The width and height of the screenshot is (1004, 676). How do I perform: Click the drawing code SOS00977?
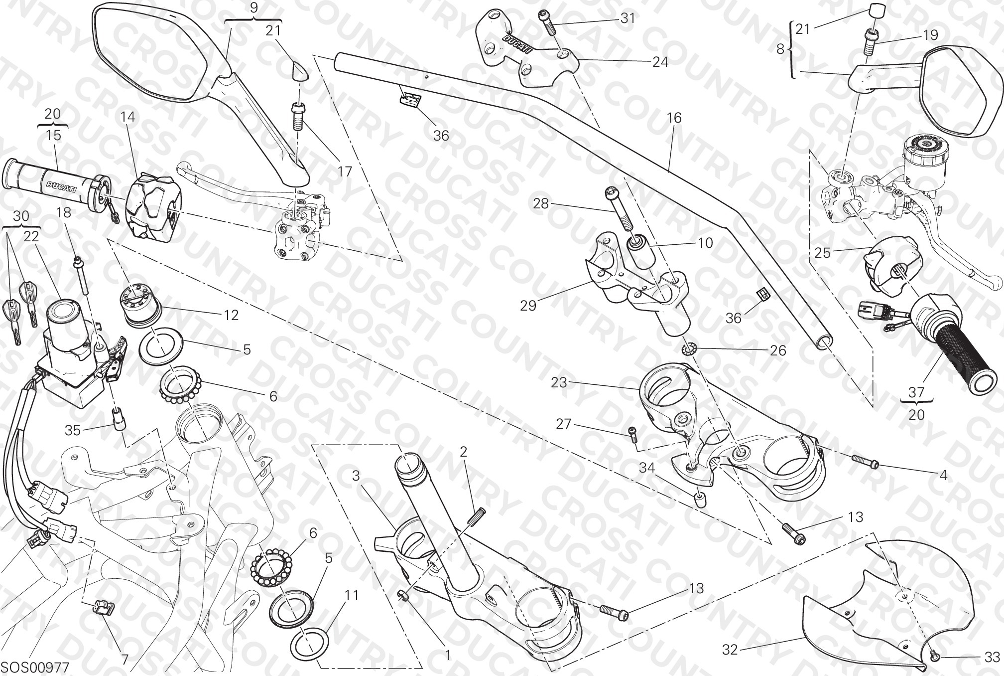36,667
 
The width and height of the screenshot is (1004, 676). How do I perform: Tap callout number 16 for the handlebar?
674,118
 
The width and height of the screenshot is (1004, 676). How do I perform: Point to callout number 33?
992,657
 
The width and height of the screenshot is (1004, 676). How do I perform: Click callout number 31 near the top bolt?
627,18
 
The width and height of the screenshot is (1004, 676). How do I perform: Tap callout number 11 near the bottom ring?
352,595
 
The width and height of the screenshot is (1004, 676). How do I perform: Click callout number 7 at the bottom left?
125,660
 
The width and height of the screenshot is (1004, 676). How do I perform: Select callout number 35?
73,430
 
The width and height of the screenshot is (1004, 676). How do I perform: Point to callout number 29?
528,305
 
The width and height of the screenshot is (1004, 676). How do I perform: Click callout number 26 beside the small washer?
778,350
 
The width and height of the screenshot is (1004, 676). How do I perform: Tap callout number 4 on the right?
943,476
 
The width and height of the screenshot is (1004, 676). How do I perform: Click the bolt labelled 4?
865,462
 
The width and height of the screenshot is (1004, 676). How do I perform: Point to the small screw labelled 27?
632,434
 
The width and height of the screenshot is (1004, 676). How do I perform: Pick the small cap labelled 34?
699,500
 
